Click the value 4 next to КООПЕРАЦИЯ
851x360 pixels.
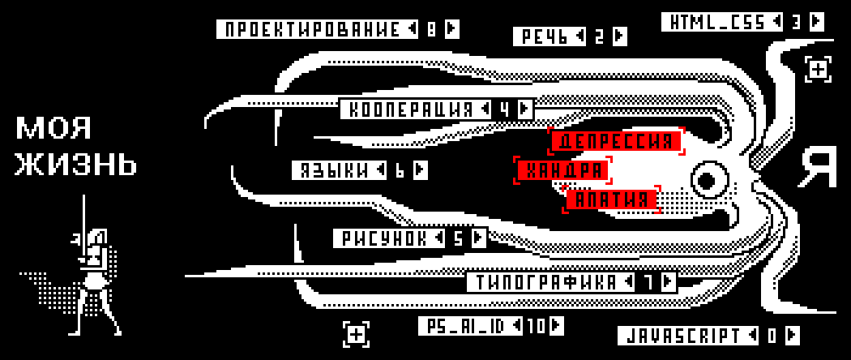click(504, 109)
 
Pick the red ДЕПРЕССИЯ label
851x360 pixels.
click(616, 141)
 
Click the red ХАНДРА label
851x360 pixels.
click(562, 170)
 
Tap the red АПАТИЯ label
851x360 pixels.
click(611, 199)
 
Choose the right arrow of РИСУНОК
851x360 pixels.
click(478, 238)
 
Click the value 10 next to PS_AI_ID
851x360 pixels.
click(536, 326)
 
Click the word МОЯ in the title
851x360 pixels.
click(53, 128)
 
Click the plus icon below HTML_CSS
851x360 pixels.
click(818, 70)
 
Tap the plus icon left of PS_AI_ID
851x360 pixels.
click(357, 332)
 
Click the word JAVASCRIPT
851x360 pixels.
click(681, 336)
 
